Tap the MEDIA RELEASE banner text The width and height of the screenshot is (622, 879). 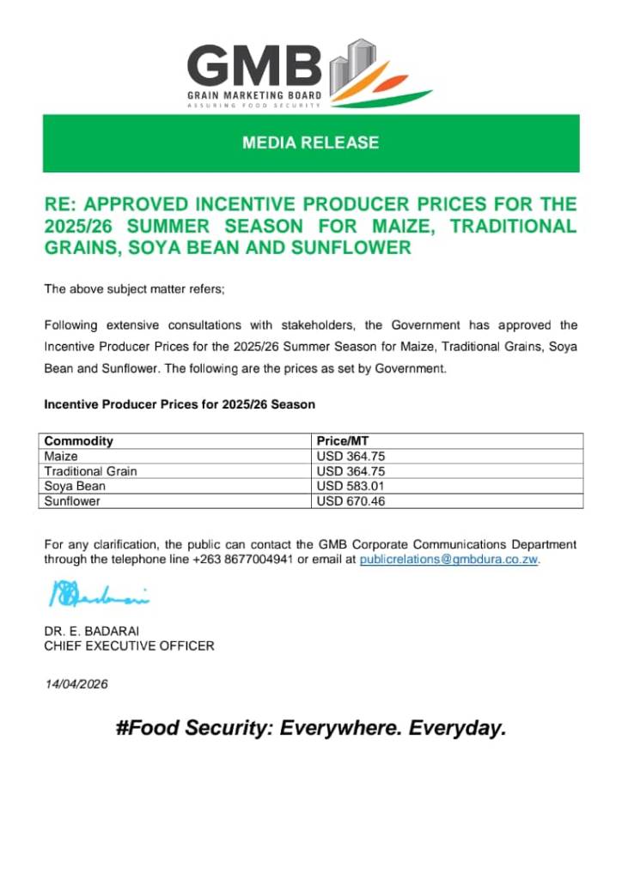(x=310, y=142)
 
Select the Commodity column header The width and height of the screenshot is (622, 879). (x=79, y=441)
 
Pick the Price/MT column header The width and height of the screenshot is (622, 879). (x=342, y=441)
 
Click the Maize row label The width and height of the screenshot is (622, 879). (x=61, y=457)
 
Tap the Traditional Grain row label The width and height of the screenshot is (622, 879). (x=90, y=471)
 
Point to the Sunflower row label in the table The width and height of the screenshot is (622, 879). (x=72, y=501)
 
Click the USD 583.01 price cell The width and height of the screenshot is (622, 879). (x=351, y=486)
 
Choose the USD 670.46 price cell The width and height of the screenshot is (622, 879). (x=351, y=501)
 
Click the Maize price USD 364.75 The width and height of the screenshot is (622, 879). (x=351, y=457)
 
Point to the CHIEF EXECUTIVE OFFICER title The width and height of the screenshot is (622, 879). (x=129, y=646)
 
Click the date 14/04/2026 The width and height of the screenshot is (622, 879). (x=76, y=684)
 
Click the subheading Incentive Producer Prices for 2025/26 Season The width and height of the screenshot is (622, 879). (x=180, y=403)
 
